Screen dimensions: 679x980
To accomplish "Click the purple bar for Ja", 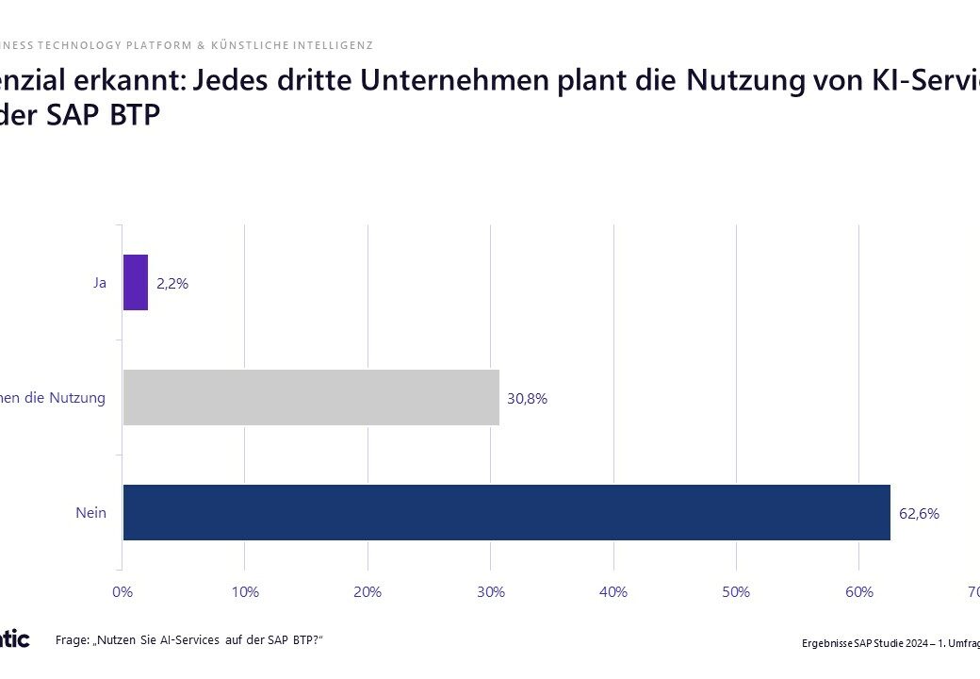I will click(x=136, y=282).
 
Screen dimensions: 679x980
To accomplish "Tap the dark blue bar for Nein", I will click(x=506, y=512).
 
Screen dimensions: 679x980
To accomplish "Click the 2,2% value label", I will click(x=172, y=283).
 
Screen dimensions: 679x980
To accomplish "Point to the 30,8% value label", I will click(x=527, y=398).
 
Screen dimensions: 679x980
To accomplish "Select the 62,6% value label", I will click(x=919, y=514).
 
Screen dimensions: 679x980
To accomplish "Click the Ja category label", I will click(x=99, y=282).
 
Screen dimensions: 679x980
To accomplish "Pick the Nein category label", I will click(x=90, y=512).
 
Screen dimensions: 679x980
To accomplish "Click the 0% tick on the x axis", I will click(x=122, y=591).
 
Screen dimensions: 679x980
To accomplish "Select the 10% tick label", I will click(x=245, y=591).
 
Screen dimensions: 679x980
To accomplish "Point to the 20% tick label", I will click(x=367, y=591).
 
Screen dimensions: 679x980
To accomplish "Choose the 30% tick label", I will click(x=490, y=591).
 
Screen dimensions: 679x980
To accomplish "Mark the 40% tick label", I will click(x=613, y=591).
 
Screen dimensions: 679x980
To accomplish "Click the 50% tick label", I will click(x=736, y=591).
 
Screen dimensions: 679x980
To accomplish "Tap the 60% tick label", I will click(x=858, y=591).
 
